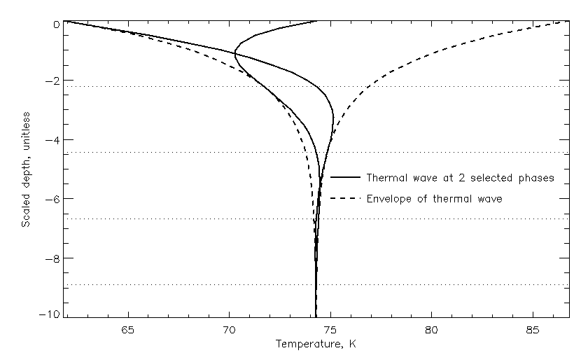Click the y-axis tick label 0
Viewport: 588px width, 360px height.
click(54, 23)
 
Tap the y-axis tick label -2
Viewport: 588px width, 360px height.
click(50, 81)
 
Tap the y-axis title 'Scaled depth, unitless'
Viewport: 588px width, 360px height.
click(26, 169)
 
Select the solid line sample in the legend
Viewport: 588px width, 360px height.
click(346, 178)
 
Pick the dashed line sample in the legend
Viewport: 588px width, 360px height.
click(346, 199)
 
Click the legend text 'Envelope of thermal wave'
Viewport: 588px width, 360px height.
click(434, 199)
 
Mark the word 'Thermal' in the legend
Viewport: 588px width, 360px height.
click(386, 178)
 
